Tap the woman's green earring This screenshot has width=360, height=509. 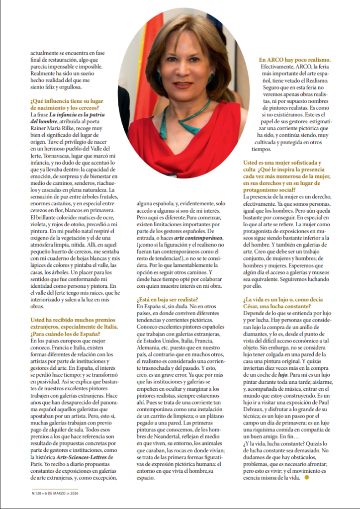211,79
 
